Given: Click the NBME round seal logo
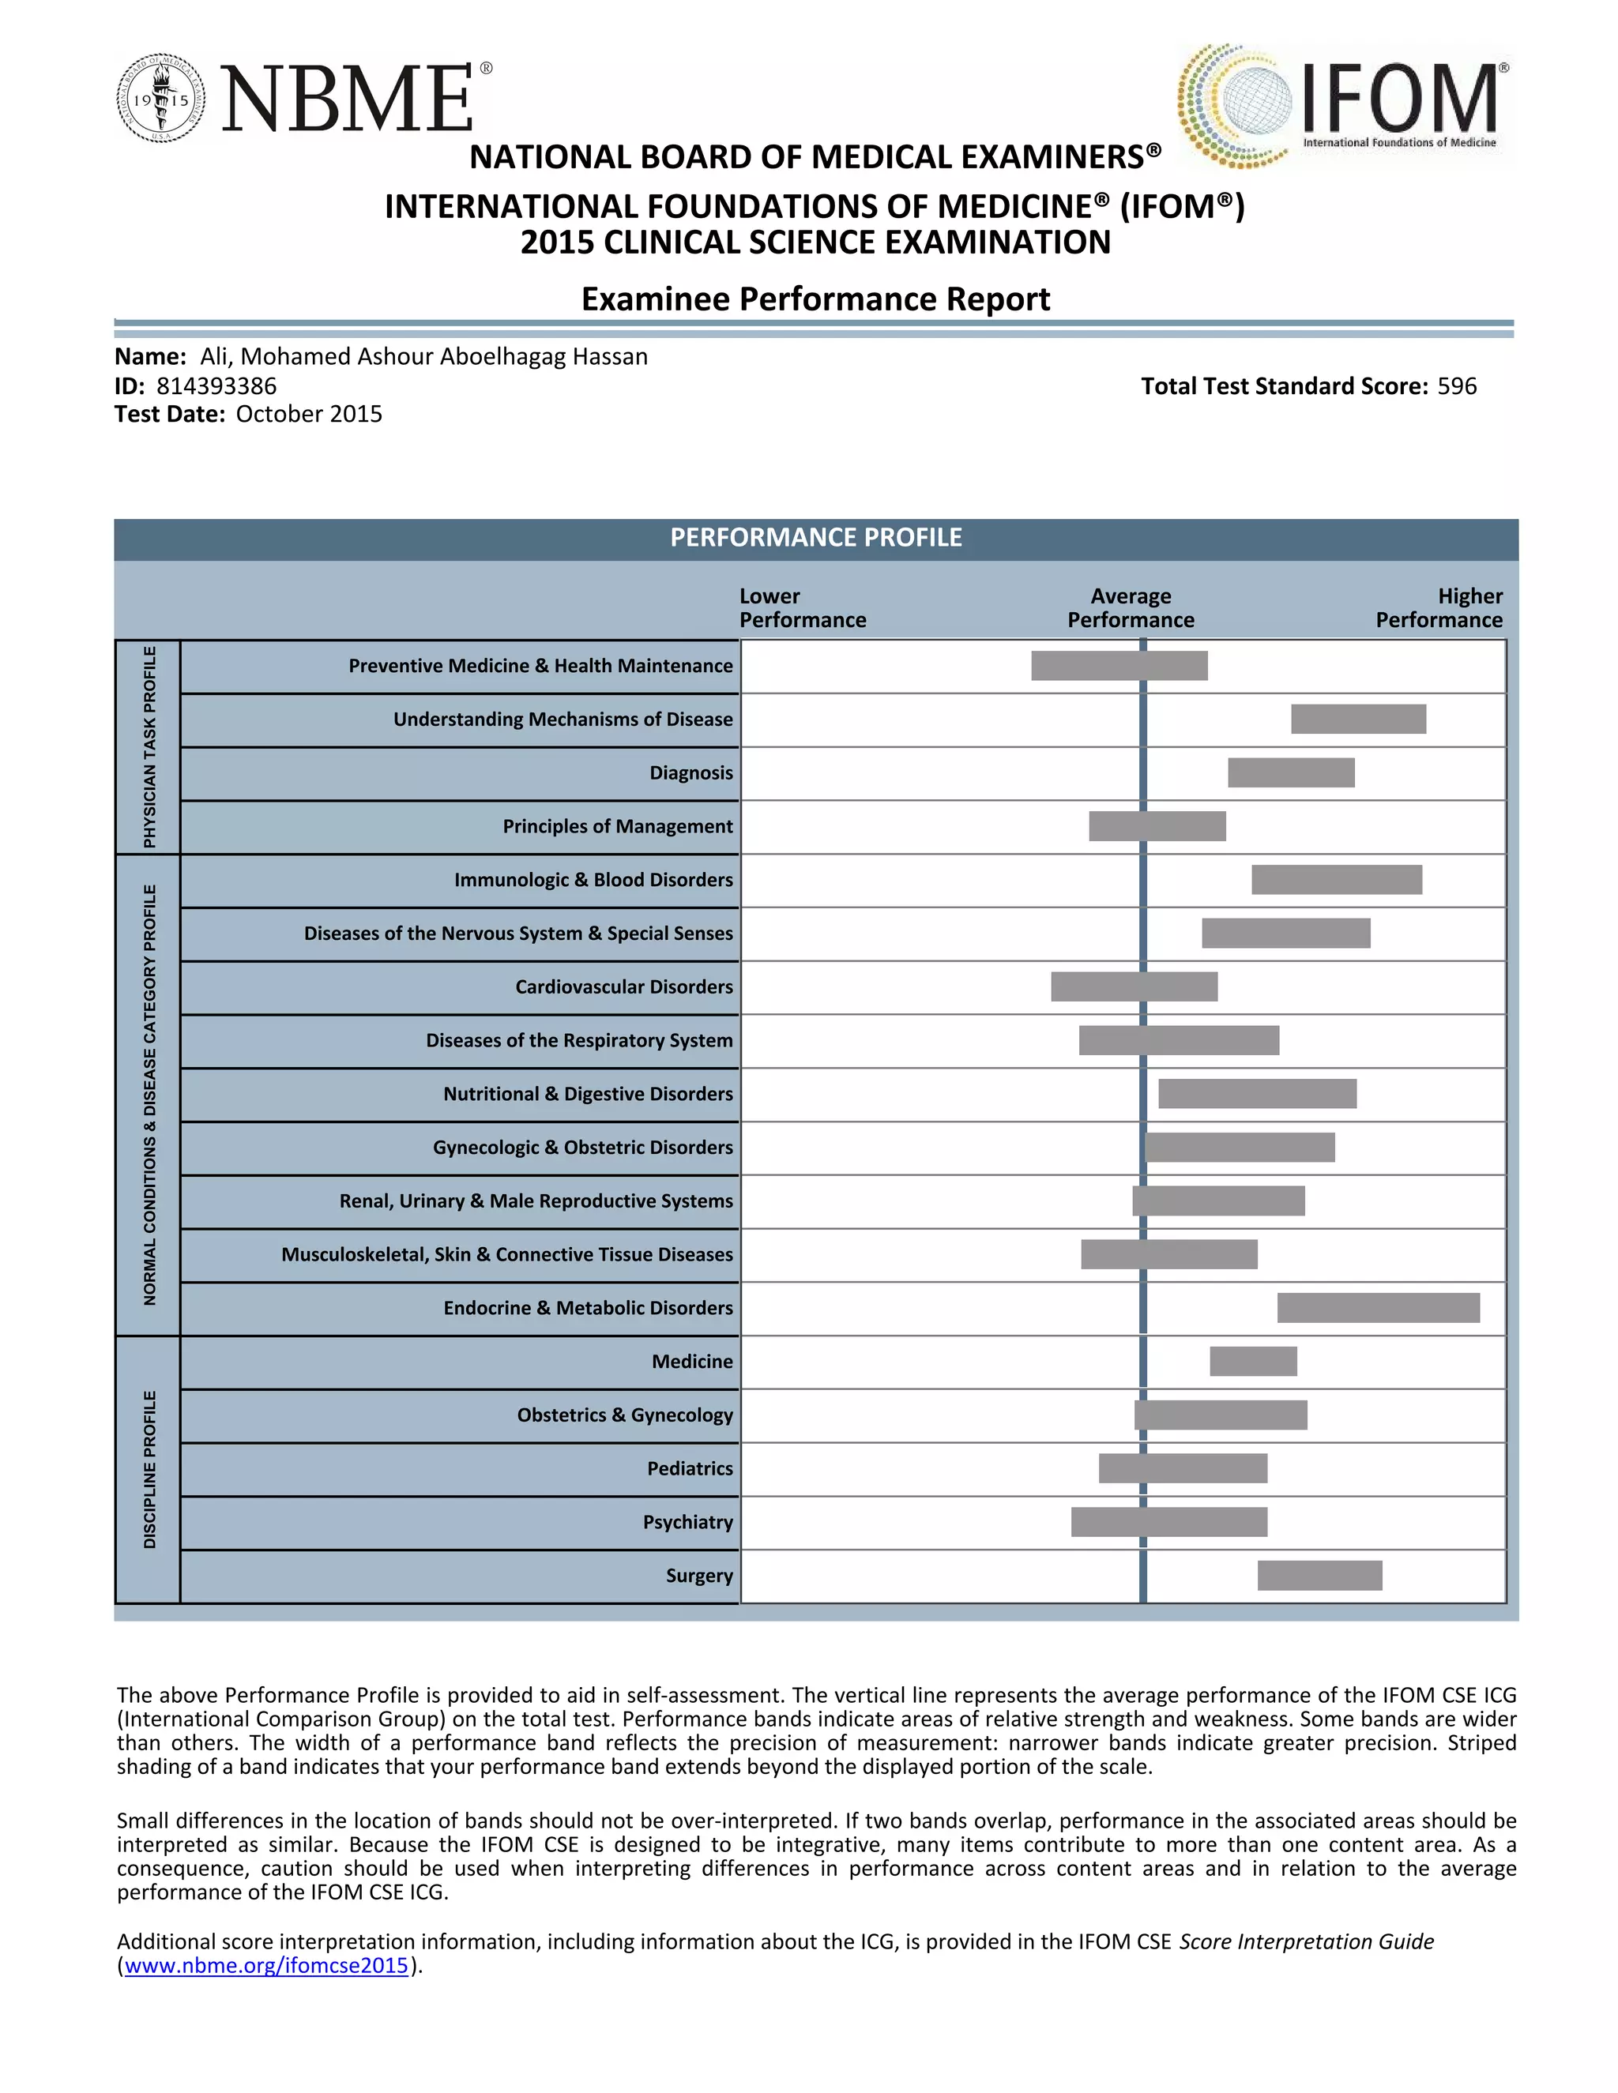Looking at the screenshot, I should pyautogui.click(x=161, y=99).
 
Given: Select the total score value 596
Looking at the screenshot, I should pyautogui.click(x=1456, y=386).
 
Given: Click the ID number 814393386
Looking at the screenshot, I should pyautogui.click(x=216, y=386).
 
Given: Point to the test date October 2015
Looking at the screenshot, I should pyautogui.click(x=309, y=414).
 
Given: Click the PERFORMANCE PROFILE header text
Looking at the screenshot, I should pyautogui.click(x=815, y=538).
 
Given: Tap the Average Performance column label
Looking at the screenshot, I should pyautogui.click(x=1131, y=608).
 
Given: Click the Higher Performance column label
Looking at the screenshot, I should pyautogui.click(x=1439, y=608).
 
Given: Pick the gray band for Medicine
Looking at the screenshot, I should pyautogui.click(x=1253, y=1362).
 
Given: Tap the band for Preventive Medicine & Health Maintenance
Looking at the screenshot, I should pyautogui.click(x=1119, y=666).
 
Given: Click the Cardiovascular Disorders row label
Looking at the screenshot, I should pyautogui.click(x=624, y=987).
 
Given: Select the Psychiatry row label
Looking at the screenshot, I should pyautogui.click(x=687, y=1522).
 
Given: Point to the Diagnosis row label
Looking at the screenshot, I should pyautogui.click(x=691, y=773).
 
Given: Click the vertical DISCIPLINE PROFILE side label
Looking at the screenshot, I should pyautogui.click(x=149, y=1469).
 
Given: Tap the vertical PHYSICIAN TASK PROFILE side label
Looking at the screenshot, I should pyautogui.click(x=149, y=747).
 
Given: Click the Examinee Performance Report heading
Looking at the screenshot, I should pyautogui.click(x=815, y=299).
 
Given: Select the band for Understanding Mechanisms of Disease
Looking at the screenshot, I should pyautogui.click(x=1358, y=720).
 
